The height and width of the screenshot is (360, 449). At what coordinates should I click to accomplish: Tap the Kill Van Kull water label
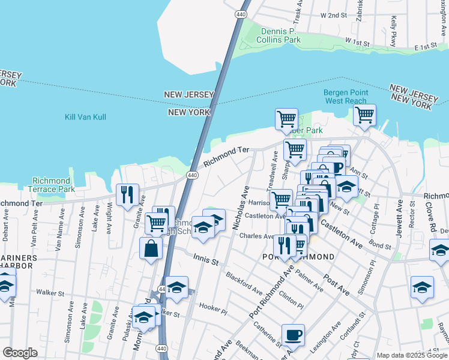pyautogui.click(x=85, y=117)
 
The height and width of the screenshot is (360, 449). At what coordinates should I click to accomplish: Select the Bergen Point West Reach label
pyautogui.click(x=345, y=97)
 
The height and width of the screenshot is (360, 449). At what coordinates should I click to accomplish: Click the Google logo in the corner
pyautogui.click(x=19, y=353)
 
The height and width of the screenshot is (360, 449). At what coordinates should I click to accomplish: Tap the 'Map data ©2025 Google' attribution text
pyautogui.click(x=412, y=355)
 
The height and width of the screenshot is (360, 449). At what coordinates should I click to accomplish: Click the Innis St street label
pyautogui.click(x=205, y=258)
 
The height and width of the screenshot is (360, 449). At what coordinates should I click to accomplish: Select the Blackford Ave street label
pyautogui.click(x=244, y=284)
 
